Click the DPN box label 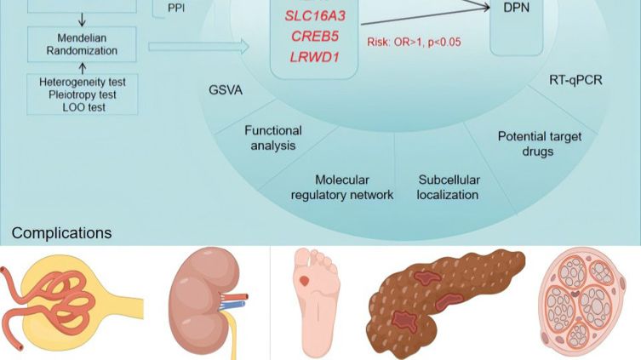522,6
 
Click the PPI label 176,9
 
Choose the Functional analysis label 272,138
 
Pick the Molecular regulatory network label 341,187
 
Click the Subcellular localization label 449,187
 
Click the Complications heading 61,233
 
